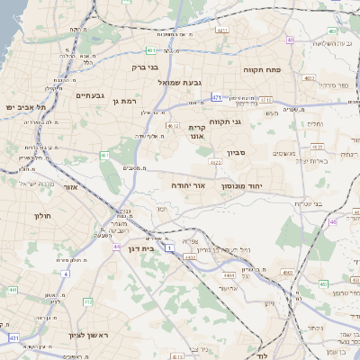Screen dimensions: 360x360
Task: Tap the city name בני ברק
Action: tap(146, 66)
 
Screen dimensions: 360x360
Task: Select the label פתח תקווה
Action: tap(264, 68)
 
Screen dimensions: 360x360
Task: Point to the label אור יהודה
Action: tap(188, 184)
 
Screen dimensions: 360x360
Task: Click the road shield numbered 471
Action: tap(217, 96)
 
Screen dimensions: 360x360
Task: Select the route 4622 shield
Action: tap(215, 163)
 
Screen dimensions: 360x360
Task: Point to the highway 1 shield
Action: tap(169, 244)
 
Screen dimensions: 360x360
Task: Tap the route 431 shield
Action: tap(13, 337)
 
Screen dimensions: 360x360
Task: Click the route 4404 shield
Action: tap(229, 273)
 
